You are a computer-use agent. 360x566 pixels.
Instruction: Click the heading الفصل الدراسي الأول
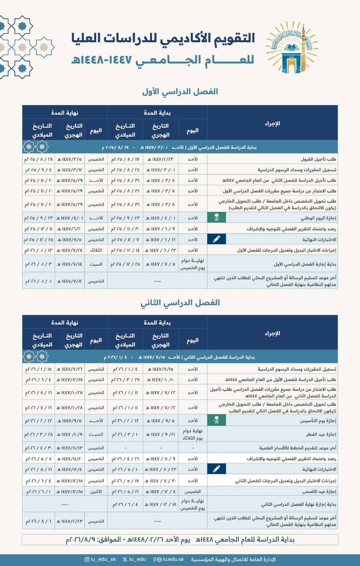click(x=180, y=92)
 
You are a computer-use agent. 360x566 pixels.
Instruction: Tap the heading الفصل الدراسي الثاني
click(x=180, y=302)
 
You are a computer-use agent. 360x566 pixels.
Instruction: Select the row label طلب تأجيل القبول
click(x=318, y=159)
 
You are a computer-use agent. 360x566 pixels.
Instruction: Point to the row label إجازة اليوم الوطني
click(x=319, y=218)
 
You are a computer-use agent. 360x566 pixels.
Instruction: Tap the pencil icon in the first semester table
click(x=217, y=239)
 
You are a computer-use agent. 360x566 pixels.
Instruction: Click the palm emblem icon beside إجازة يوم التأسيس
click(x=217, y=421)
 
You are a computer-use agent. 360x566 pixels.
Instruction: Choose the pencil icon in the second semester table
click(x=217, y=469)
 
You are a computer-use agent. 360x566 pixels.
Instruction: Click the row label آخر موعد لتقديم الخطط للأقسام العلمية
click(x=298, y=448)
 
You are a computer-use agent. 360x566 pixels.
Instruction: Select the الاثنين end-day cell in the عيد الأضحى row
click(x=96, y=492)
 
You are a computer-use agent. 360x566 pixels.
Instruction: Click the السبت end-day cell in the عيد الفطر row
click(x=96, y=434)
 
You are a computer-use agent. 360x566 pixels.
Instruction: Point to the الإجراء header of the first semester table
click(x=272, y=123)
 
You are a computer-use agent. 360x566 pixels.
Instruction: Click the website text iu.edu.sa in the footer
click(x=173, y=559)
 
